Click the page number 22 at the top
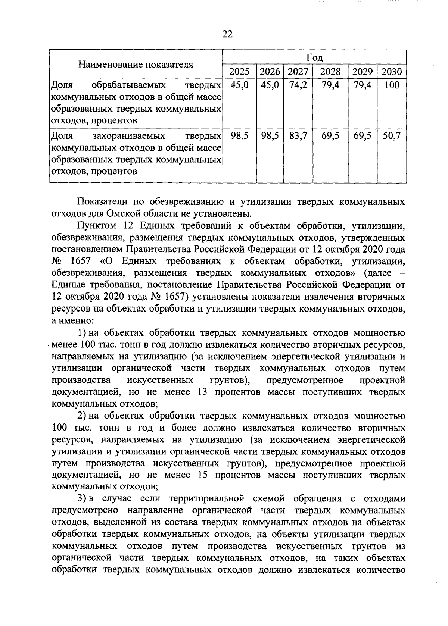227,34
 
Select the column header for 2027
298,72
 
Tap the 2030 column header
392,72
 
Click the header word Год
314,58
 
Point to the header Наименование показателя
136,65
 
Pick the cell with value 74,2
298,85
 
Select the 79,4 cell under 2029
363,85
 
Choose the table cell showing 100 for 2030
392,85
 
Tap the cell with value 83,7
298,136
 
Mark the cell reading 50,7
392,136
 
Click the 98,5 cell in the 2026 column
270,136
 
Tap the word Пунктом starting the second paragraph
95,226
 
